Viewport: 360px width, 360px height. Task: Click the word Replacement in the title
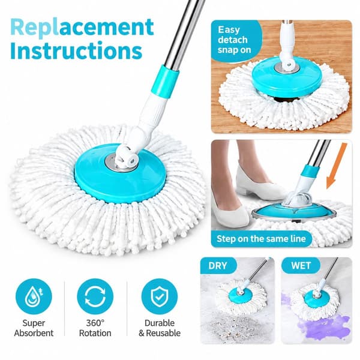click(82, 28)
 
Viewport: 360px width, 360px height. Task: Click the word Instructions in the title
click(76, 50)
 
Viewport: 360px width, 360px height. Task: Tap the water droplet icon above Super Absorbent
click(34, 296)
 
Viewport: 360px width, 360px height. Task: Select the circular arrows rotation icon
click(95, 296)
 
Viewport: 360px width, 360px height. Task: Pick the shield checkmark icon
click(160, 296)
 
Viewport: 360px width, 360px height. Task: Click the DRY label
click(218, 266)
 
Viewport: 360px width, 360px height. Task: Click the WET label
click(301, 266)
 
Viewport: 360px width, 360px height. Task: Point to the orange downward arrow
click(336, 166)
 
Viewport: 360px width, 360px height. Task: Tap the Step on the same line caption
click(261, 239)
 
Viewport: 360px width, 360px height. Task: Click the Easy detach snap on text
click(234, 40)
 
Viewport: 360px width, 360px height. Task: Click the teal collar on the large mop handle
click(165, 82)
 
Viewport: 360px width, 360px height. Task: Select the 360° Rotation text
click(95, 328)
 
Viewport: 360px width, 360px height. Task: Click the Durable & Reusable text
click(160, 328)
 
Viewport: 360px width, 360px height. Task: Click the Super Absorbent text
click(34, 328)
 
